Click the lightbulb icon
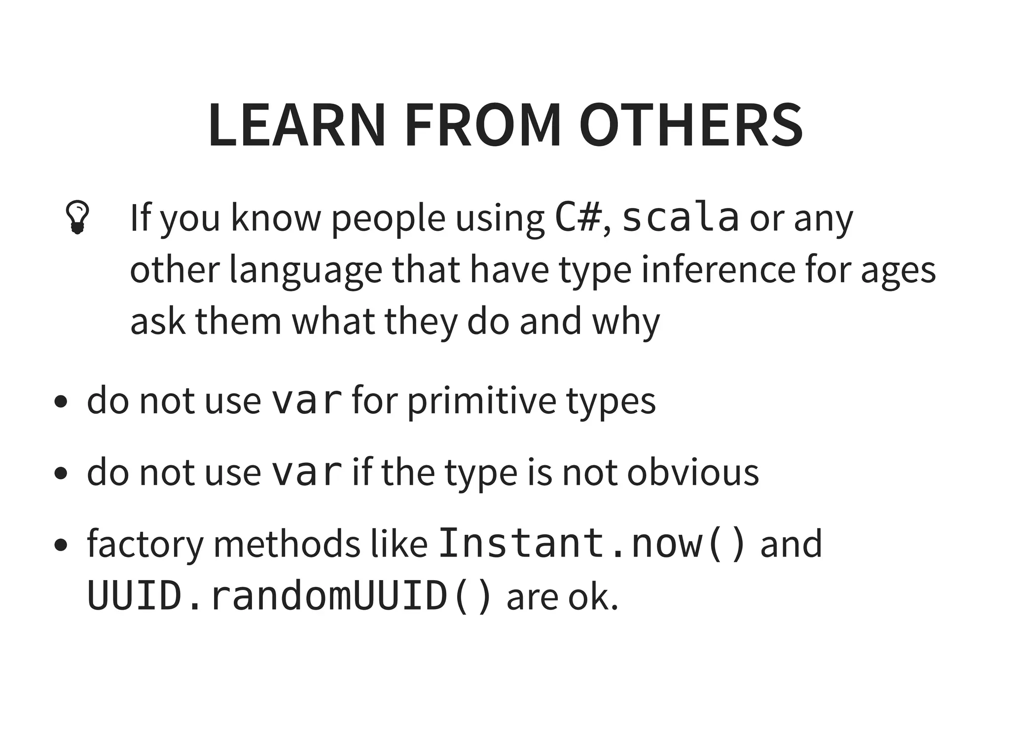pyautogui.click(x=77, y=217)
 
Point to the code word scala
pyautogui.click(x=681, y=218)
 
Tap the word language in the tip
pyautogui.click(x=305, y=270)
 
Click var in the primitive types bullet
pyautogui.click(x=307, y=400)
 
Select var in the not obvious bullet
pyautogui.click(x=307, y=472)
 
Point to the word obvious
pyautogui.click(x=693, y=472)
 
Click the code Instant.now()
pyautogui.click(x=592, y=543)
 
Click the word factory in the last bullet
pyautogui.click(x=145, y=544)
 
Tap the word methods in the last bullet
pyautogui.click(x=287, y=544)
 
